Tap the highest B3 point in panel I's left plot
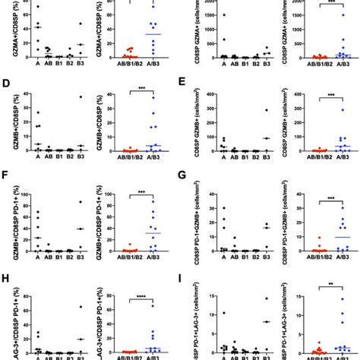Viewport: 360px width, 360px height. pyautogui.click(x=270, y=298)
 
